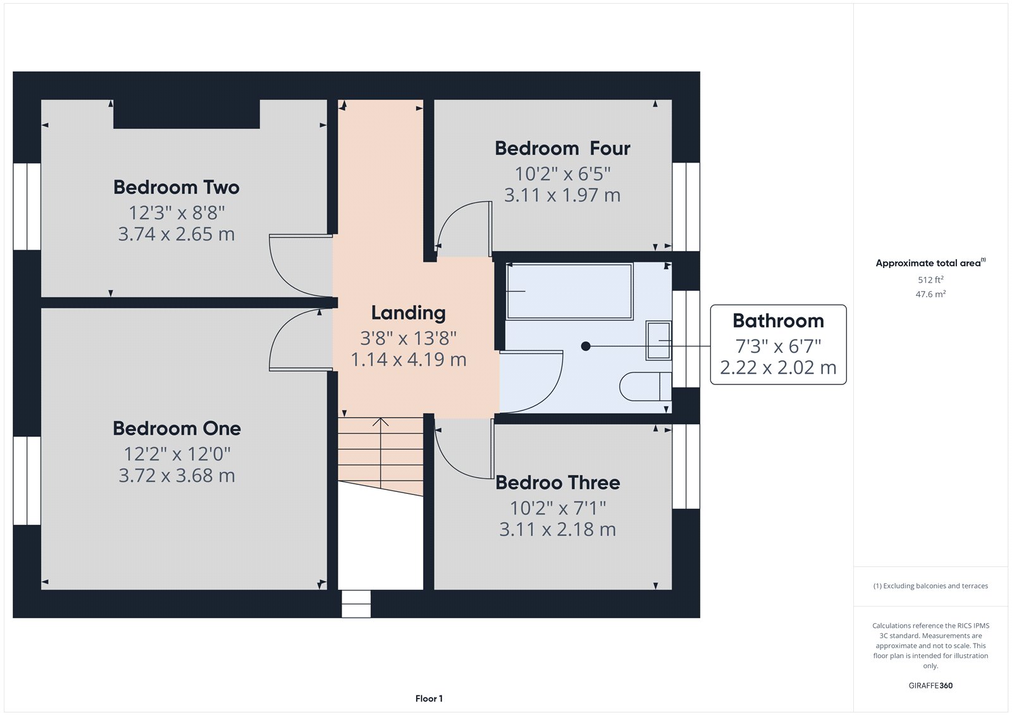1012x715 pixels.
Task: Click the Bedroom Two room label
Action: pos(176,188)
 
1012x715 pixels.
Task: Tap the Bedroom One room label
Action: pos(176,429)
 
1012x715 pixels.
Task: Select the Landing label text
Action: pos(408,313)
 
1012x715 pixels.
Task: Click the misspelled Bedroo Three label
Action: pos(557,483)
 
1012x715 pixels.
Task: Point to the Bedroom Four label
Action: pos(562,149)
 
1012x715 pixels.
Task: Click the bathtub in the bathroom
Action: pos(569,291)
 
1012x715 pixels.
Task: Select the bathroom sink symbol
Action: pos(658,341)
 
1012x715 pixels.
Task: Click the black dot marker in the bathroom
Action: pos(586,346)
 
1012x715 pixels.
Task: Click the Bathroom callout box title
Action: pos(778,321)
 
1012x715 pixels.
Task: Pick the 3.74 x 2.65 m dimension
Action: pos(176,235)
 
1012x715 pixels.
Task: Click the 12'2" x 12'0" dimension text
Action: pos(176,454)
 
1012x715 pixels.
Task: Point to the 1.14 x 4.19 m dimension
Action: pos(408,360)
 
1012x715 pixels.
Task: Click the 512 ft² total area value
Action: pos(930,279)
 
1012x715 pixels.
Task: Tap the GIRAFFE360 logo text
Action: pos(930,685)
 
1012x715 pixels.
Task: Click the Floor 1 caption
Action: pos(429,699)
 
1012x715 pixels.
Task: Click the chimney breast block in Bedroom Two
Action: pos(187,114)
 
